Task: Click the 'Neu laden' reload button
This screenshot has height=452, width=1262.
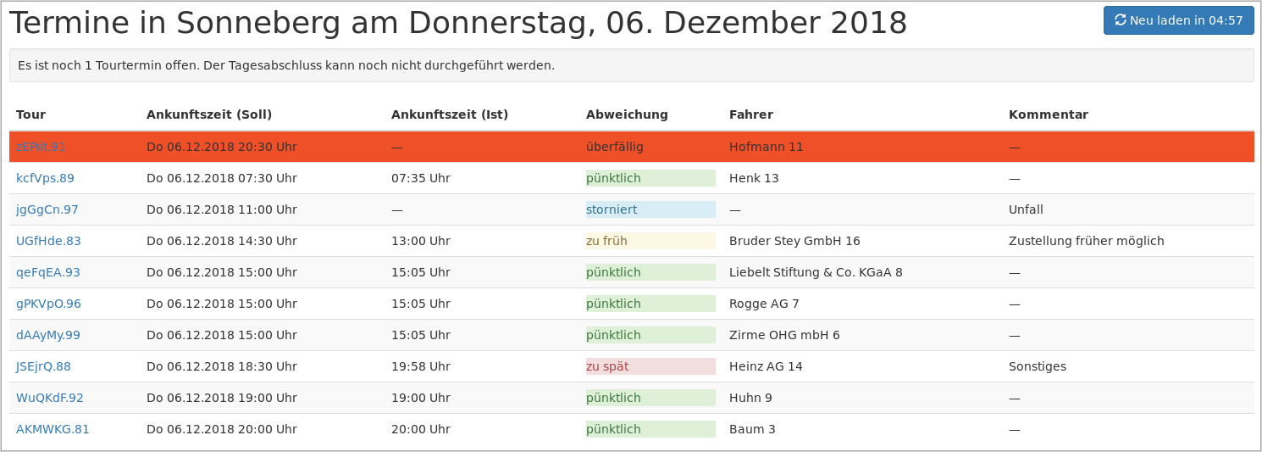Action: click(x=1178, y=20)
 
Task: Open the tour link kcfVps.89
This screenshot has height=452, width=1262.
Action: click(x=45, y=178)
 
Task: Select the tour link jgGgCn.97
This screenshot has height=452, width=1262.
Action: click(x=47, y=209)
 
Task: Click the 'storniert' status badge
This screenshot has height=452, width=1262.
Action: click(x=650, y=209)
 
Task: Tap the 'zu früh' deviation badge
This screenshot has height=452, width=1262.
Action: click(x=650, y=241)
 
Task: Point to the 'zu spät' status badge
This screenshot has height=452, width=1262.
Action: click(x=650, y=366)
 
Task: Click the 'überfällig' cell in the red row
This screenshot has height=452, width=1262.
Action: click(x=615, y=147)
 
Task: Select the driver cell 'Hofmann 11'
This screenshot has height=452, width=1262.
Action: click(x=766, y=147)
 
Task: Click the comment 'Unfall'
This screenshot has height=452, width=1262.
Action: click(x=1026, y=209)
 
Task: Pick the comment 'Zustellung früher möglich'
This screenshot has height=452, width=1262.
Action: click(x=1086, y=241)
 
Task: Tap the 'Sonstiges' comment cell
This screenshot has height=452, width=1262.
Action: click(x=1037, y=366)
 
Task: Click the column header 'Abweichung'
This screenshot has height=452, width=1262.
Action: click(x=627, y=114)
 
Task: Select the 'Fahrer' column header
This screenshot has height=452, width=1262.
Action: click(x=750, y=114)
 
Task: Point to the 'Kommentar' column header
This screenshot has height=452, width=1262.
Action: click(x=1048, y=114)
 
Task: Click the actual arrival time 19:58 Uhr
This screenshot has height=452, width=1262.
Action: click(x=420, y=366)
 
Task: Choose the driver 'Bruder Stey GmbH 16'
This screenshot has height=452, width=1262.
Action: click(x=794, y=241)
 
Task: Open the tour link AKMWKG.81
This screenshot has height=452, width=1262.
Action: click(x=53, y=429)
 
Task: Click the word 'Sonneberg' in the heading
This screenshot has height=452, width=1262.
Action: click(x=255, y=23)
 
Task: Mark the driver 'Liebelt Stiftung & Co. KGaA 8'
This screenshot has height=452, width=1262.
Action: click(x=815, y=272)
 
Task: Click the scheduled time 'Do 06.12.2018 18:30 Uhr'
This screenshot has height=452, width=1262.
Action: click(x=221, y=366)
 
